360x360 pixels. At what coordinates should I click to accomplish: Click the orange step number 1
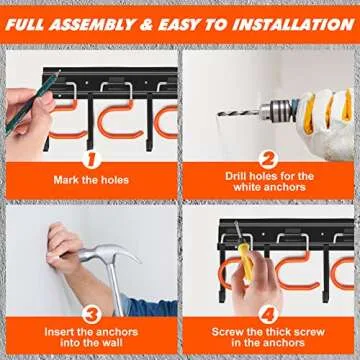(x=90, y=158)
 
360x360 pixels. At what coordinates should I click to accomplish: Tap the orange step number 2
(x=268, y=158)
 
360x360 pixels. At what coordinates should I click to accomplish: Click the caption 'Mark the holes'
(x=90, y=180)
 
